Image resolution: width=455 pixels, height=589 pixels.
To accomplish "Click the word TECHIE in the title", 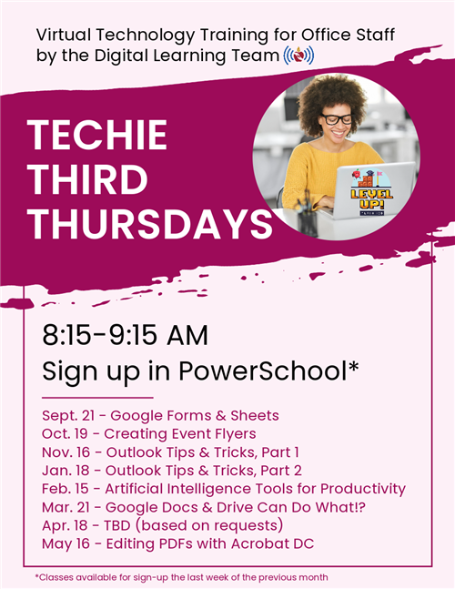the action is coord(97,135).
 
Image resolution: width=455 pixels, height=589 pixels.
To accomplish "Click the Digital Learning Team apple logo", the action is coord(298,56).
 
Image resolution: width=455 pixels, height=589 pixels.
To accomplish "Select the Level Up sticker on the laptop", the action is coord(371,192).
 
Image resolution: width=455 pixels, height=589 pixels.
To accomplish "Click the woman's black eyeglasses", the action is coord(337,119).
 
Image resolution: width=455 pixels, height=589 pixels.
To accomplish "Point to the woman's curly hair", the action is coord(332,98).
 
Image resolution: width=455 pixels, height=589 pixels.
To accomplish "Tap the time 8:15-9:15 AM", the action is coord(125,335).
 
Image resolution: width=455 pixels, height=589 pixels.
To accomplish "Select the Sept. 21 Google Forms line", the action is coord(160,415).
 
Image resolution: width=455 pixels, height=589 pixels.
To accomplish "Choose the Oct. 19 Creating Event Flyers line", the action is coord(149,434).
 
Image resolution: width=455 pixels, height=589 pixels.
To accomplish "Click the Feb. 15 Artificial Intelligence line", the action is coord(224,489).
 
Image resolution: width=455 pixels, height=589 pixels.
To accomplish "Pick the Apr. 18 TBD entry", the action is coord(163,525).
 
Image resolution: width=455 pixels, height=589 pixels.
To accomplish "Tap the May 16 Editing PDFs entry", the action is coord(178,543).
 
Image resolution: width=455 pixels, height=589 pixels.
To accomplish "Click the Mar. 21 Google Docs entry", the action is coord(204,507).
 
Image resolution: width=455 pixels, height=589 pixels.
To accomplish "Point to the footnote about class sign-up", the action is coord(181,577).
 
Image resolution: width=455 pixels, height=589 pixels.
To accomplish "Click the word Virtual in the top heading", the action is coord(64,35).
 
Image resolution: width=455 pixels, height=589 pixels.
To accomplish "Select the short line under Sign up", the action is coord(97,398).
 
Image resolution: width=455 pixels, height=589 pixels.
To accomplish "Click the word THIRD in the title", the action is coord(88,179).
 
